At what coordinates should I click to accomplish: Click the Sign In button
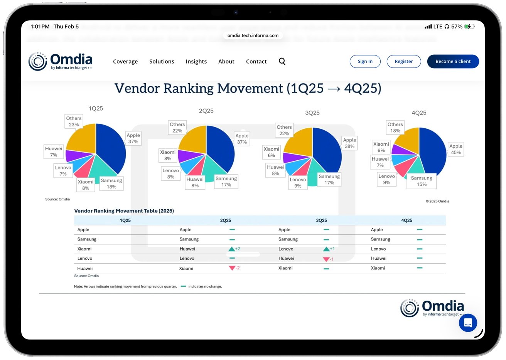click(365, 62)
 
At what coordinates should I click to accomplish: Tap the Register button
click(403, 62)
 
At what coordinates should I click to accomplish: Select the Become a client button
click(453, 62)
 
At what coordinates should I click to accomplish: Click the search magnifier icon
click(282, 62)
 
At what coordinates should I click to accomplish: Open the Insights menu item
click(196, 62)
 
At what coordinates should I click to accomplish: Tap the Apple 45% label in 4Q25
click(455, 149)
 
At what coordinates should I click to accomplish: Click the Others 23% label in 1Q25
click(74, 121)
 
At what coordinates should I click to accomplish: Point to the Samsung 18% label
click(111, 183)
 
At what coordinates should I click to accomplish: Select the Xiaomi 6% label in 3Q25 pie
click(271, 152)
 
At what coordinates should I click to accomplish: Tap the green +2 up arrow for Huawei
click(232, 249)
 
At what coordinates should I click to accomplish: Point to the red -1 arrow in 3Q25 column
click(327, 259)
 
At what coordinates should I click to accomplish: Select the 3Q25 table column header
click(321, 220)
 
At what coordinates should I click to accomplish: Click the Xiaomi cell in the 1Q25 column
click(84, 249)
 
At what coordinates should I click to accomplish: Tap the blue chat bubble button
click(468, 323)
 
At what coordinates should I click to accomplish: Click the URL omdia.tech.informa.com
click(253, 35)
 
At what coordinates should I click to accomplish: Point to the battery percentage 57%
click(457, 27)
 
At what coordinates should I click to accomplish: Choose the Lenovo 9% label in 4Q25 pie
click(386, 179)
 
